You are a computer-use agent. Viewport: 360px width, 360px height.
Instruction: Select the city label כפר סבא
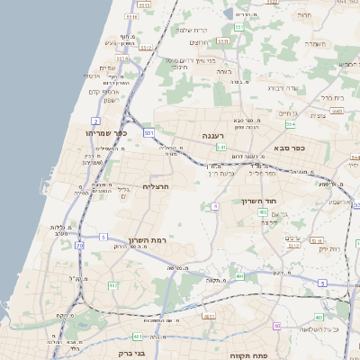click(288, 148)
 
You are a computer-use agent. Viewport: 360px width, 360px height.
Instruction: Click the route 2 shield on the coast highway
click(95, 120)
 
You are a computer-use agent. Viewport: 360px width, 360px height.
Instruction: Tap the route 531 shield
click(148, 133)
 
